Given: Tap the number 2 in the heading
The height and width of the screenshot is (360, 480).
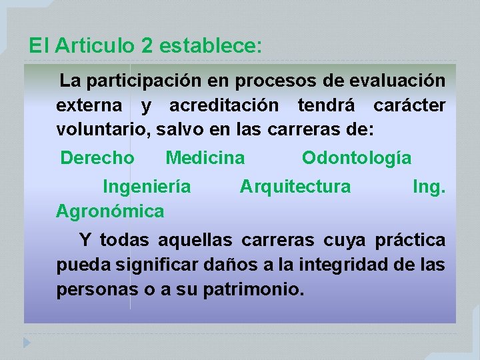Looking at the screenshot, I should (x=147, y=45).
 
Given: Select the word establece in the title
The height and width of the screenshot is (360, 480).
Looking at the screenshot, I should (x=211, y=45).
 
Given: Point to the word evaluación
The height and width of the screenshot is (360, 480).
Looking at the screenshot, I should (x=404, y=81).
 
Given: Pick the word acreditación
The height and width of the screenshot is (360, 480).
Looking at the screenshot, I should (x=224, y=105).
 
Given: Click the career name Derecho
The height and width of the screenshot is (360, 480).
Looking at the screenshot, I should (x=97, y=158).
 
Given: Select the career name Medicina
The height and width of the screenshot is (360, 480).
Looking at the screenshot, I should (x=205, y=158).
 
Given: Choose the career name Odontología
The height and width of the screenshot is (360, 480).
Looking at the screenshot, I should (x=357, y=158).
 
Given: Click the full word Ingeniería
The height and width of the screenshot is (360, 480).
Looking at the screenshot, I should (x=147, y=187).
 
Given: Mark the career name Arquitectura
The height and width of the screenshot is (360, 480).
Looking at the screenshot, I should (x=295, y=187).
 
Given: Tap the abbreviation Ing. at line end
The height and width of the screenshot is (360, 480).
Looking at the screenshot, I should (x=429, y=187).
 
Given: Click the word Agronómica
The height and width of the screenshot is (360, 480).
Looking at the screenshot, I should (x=110, y=211).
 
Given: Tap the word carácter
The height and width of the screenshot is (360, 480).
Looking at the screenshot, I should (x=409, y=105).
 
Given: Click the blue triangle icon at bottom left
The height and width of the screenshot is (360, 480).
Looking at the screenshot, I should (x=27, y=343).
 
